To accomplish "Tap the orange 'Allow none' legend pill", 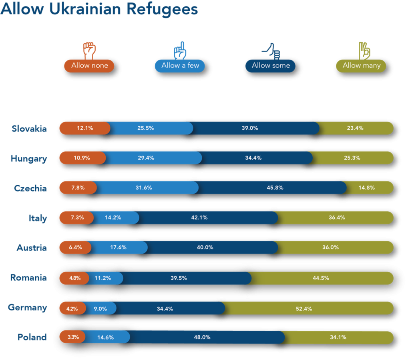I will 90,66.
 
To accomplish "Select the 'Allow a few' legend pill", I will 180,66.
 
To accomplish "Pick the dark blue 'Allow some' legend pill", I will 271,66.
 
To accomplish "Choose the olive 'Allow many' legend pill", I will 361,66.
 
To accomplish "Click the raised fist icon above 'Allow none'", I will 90,50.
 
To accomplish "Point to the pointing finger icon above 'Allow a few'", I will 180,50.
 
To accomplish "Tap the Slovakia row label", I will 29,128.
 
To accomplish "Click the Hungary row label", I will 29,158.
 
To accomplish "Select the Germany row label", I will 28,308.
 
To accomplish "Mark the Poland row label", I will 32,337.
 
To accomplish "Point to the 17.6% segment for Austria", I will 119,247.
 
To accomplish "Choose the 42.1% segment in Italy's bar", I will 208,218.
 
